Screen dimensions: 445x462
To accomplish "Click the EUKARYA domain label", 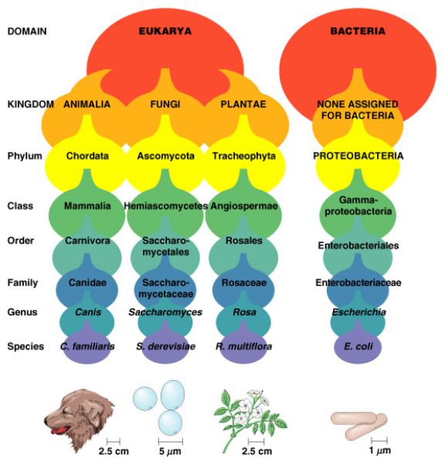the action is (x=165, y=31).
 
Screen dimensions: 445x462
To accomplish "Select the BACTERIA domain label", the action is (x=358, y=31).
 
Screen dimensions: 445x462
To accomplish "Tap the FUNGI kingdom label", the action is (x=165, y=104).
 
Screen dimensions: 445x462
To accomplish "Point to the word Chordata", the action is (x=87, y=156).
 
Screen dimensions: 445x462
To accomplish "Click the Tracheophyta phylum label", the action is (x=244, y=156).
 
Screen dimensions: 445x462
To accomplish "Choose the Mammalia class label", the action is (x=87, y=206).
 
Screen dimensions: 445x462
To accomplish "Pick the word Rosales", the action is (x=244, y=241).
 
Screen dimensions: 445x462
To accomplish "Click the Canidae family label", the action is (x=87, y=282).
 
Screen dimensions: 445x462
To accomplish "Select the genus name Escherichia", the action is (x=358, y=312).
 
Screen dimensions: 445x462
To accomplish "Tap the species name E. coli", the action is (x=358, y=346).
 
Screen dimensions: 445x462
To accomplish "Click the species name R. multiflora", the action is (x=244, y=346).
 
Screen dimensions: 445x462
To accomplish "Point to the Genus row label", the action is (x=22, y=312).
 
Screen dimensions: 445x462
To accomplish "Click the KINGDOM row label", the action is (x=31, y=104).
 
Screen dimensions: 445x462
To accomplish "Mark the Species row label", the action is (x=25, y=346).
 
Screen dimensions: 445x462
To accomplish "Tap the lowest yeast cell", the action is (x=170, y=422).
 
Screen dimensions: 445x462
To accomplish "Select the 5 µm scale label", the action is (x=170, y=451).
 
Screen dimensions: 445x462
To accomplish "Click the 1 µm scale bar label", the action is (x=380, y=450).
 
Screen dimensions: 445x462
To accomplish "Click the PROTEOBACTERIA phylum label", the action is (x=358, y=156).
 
